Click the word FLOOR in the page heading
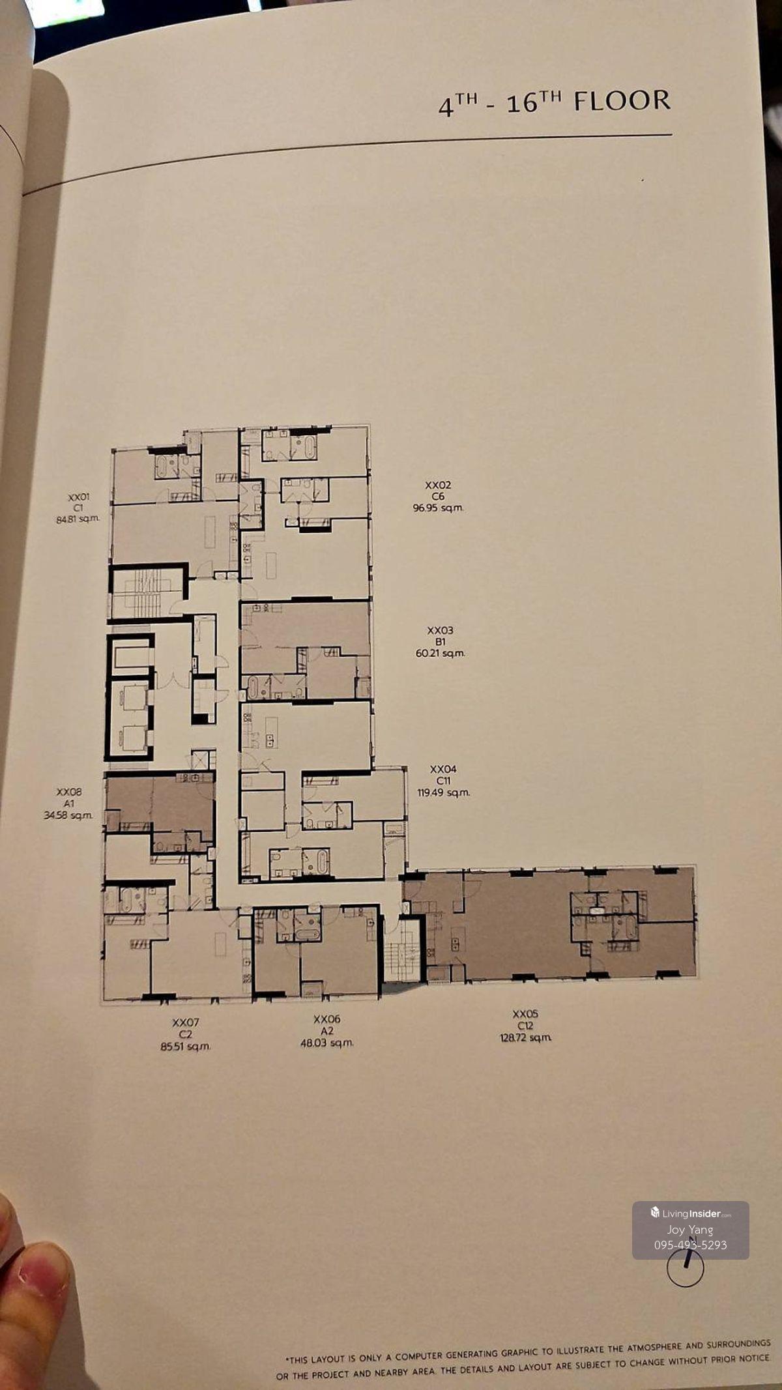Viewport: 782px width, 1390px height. pos(622,101)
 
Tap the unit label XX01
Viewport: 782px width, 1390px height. pos(79,497)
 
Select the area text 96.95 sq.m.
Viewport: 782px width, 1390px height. pos(439,508)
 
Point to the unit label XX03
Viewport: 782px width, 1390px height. pos(440,630)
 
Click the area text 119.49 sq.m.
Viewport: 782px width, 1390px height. pos(443,792)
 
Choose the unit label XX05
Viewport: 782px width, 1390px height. pos(525,1014)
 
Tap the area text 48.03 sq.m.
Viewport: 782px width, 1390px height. pos(327,1043)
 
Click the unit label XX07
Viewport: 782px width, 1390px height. pos(186,1022)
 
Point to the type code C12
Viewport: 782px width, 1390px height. pos(525,1026)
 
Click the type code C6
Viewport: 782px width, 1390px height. pos(439,497)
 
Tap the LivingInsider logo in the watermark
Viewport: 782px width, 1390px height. pos(691,1213)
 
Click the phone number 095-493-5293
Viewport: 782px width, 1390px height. pos(691,1245)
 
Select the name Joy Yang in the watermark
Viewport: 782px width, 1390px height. pos(690,1230)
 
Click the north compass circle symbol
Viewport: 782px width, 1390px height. pos(686,1269)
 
